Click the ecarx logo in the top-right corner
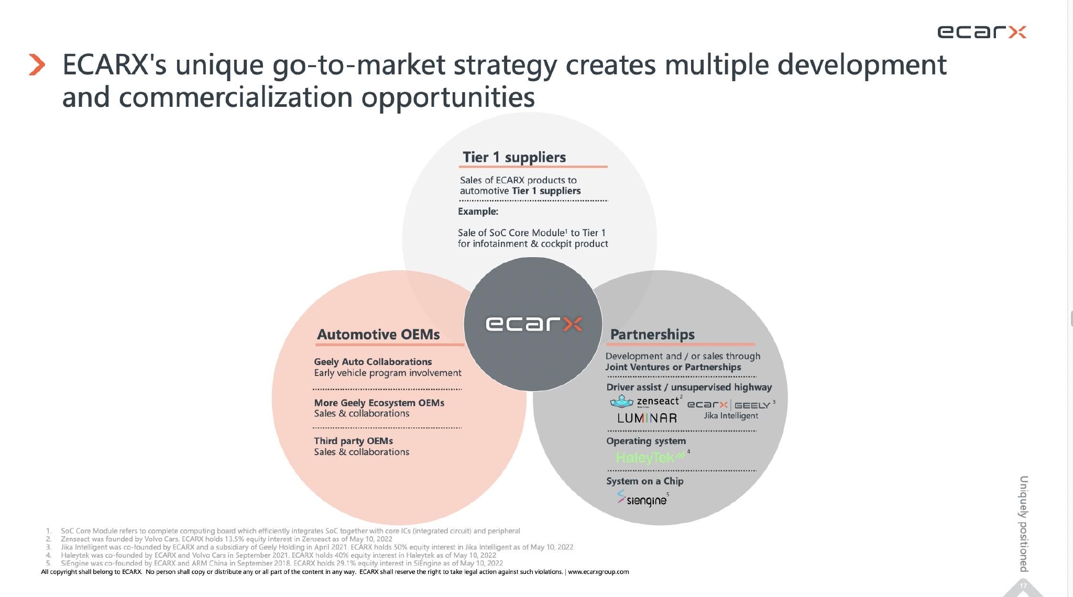coord(981,32)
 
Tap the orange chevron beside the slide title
coord(37,65)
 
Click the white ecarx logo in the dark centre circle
coord(533,324)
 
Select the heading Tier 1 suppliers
coord(514,157)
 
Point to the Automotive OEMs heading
coord(378,334)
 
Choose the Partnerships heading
coord(652,334)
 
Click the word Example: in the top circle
coord(478,211)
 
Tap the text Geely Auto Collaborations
coord(373,361)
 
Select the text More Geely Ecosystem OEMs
coord(379,403)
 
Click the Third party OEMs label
coord(353,441)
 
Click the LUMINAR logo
coord(647,418)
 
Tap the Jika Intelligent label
coord(730,415)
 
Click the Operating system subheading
coord(646,441)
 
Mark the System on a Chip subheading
coord(644,481)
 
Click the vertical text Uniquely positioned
coord(1023,524)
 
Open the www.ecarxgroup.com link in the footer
coord(598,572)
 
